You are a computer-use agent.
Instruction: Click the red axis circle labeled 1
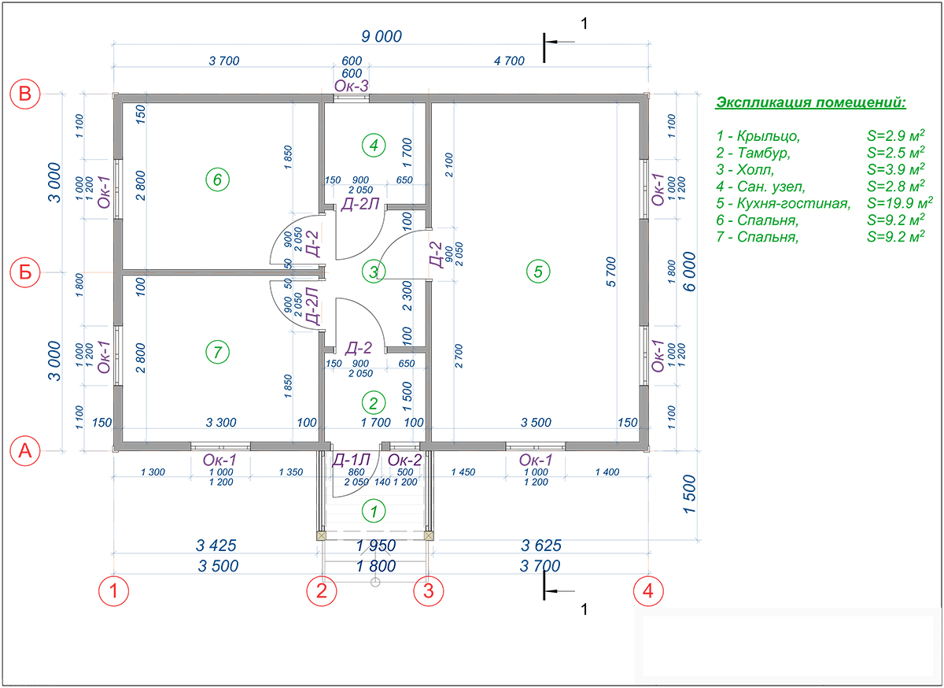(115, 590)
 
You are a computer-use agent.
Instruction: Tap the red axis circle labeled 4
(647, 590)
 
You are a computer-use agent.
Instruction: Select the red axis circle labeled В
(25, 94)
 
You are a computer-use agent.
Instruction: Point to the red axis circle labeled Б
(25, 273)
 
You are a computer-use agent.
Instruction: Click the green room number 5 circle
(538, 272)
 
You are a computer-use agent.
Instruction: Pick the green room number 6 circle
(218, 180)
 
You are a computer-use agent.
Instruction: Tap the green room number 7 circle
(218, 353)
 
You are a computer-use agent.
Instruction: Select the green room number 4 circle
(374, 145)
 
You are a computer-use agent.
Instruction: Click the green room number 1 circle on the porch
(374, 511)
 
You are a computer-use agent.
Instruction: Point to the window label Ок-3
(352, 86)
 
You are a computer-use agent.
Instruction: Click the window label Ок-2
(405, 460)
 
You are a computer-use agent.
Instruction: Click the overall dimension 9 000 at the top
(381, 36)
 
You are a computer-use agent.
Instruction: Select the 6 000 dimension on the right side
(690, 272)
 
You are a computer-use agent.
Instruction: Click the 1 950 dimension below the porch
(375, 546)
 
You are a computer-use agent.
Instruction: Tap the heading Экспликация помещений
(810, 103)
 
